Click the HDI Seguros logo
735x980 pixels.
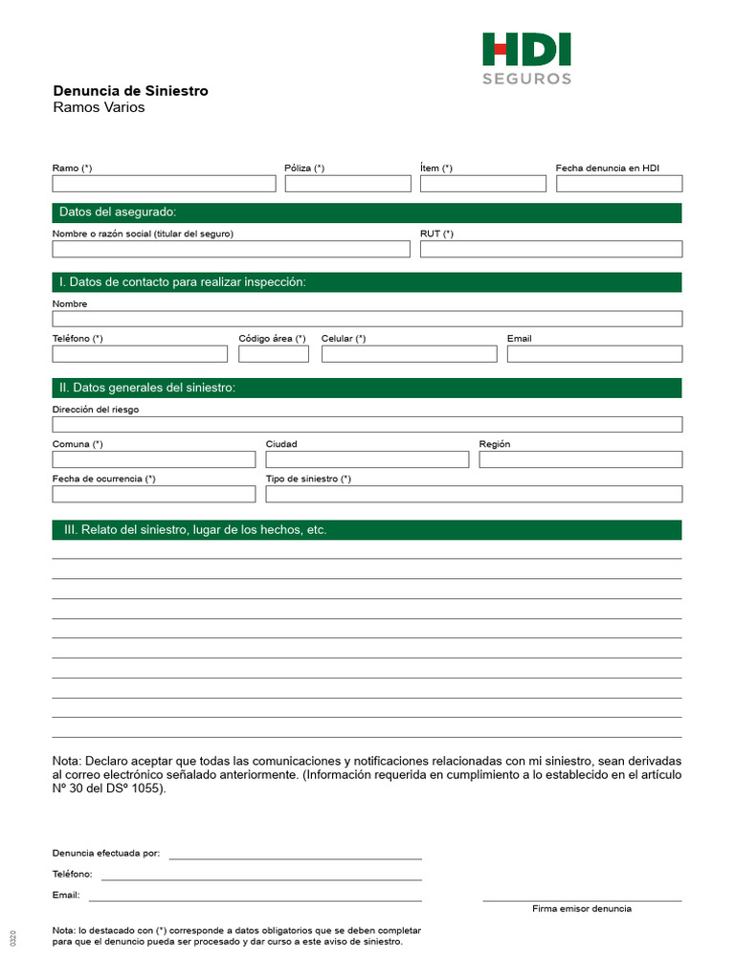coord(526,57)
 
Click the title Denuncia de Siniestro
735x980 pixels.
coord(130,91)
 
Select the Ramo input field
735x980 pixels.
coord(164,184)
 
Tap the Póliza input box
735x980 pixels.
coord(347,184)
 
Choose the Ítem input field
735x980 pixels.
coord(482,184)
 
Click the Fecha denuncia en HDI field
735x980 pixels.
coord(618,184)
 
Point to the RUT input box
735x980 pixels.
coord(551,249)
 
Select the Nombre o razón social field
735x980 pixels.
coord(231,249)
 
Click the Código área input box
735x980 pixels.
coord(274,354)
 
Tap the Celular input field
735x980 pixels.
coord(409,354)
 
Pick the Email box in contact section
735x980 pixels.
coord(594,354)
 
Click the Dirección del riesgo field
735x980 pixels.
coord(367,424)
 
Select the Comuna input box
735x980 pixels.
coord(154,459)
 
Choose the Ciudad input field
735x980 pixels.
coord(367,459)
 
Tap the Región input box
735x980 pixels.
coord(581,459)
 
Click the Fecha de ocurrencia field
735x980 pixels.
coord(154,494)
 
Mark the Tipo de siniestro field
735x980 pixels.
coord(474,494)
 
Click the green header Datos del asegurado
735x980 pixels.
coord(367,212)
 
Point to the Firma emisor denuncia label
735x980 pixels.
coord(582,908)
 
